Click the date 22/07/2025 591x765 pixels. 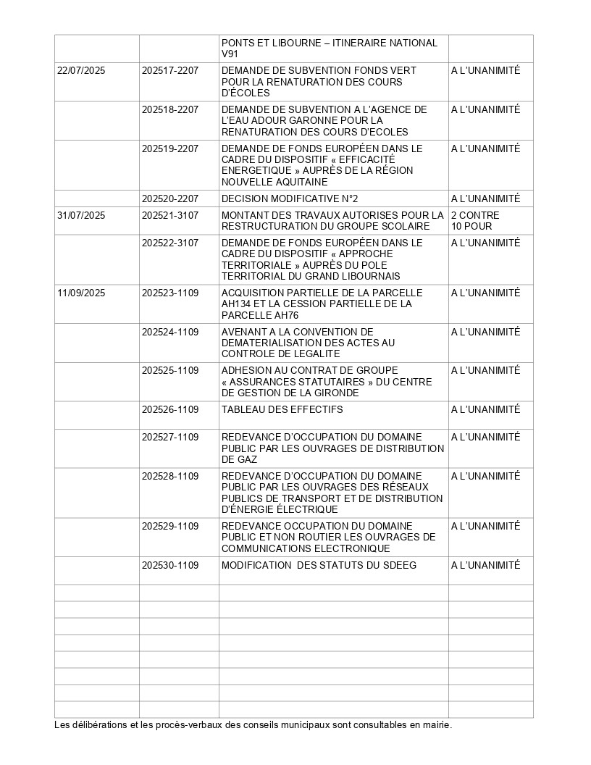click(81, 70)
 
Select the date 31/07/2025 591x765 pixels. click(81, 215)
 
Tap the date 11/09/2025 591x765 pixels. click(81, 293)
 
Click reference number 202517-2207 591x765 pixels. click(170, 70)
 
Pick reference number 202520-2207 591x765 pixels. click(170, 198)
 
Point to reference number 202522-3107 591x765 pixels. click(170, 243)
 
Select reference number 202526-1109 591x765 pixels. click(170, 409)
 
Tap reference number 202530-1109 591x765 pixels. click(170, 565)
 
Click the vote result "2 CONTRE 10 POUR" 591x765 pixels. click(475, 221)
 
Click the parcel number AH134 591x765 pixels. click(238, 304)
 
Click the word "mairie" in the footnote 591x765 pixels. click(434, 724)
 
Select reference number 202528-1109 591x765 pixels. click(170, 476)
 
